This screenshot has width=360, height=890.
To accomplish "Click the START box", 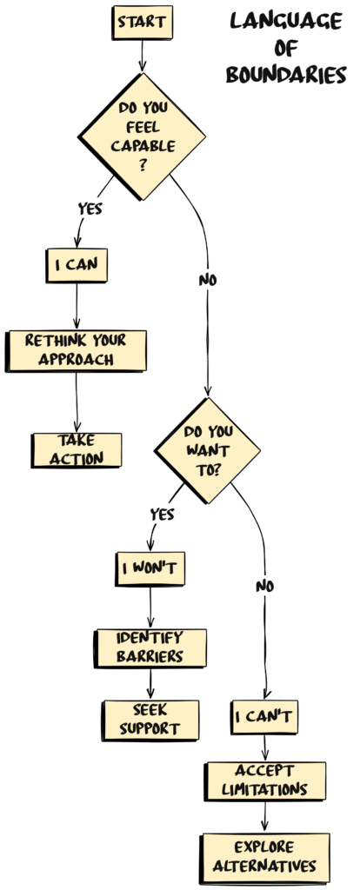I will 143,23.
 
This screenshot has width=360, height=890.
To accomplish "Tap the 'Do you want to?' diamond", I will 207,449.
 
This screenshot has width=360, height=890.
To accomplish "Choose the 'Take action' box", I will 77,448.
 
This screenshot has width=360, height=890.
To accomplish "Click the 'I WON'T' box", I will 150,569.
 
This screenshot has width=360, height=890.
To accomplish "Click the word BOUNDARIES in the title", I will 286,76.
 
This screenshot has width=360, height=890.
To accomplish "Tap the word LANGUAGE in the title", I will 286,21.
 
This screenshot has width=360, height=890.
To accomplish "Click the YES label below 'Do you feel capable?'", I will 91,209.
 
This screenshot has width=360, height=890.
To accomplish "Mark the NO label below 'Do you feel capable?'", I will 208,280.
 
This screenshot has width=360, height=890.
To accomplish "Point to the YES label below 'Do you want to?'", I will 163,514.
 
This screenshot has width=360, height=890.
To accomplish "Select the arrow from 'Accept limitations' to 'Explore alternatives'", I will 264,817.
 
